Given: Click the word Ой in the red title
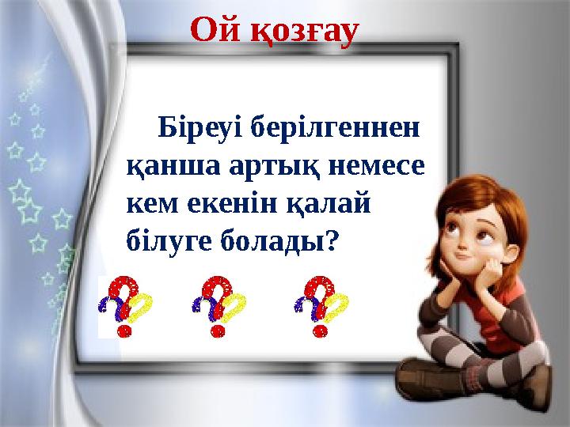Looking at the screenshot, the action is [215, 30].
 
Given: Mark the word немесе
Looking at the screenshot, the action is [376, 168].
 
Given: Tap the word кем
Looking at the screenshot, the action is [153, 205].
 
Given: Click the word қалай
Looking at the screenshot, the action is [329, 203].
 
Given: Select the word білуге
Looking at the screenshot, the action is [169, 241].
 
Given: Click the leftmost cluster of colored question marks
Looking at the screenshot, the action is [125, 306].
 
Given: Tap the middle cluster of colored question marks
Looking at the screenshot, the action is [218, 306].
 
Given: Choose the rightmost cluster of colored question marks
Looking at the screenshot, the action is [321, 306].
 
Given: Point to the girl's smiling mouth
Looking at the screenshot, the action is [462, 256].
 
